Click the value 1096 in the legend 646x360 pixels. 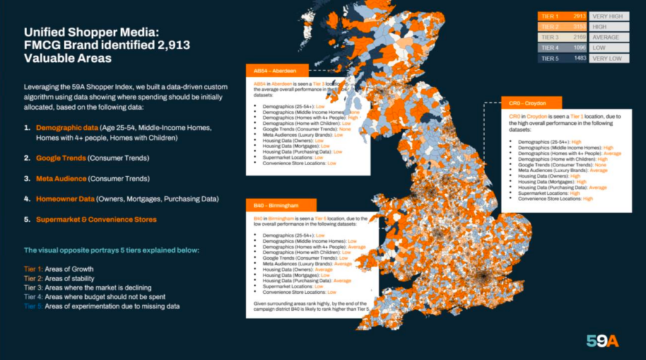coord(579,48)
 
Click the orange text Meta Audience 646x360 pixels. coord(61,178)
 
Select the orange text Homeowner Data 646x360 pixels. coord(64,199)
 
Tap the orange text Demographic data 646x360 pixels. coord(65,127)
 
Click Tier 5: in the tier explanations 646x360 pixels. coord(35,306)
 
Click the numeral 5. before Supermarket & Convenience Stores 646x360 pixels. coord(27,219)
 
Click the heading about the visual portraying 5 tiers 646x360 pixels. coord(111,250)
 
